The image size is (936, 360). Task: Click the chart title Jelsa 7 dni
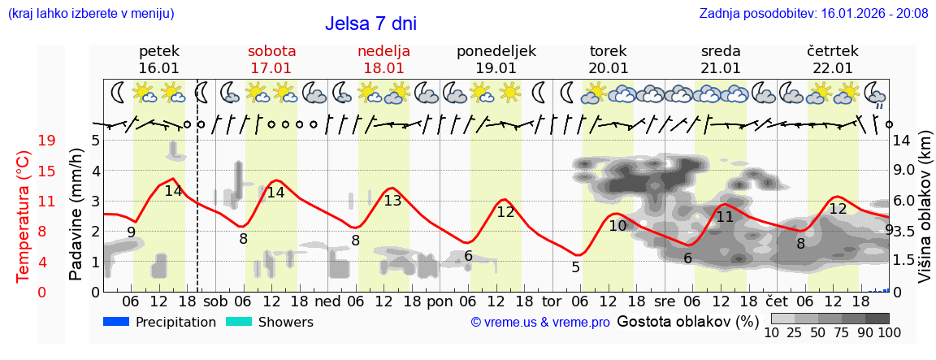pos(370,24)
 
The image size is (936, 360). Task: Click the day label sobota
pos(271,51)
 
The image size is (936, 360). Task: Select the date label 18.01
pos(383,68)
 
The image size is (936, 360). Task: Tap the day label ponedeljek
pos(496,51)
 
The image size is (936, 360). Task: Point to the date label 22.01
pos(833,68)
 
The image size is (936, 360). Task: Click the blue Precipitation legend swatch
pos(117,322)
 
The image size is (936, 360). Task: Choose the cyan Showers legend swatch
pos(239,322)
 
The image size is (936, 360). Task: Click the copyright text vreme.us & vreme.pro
pos(540,323)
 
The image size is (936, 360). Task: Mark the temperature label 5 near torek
pos(575,267)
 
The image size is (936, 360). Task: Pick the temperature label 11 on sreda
pos(724,217)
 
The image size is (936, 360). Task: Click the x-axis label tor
pos(552,301)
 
